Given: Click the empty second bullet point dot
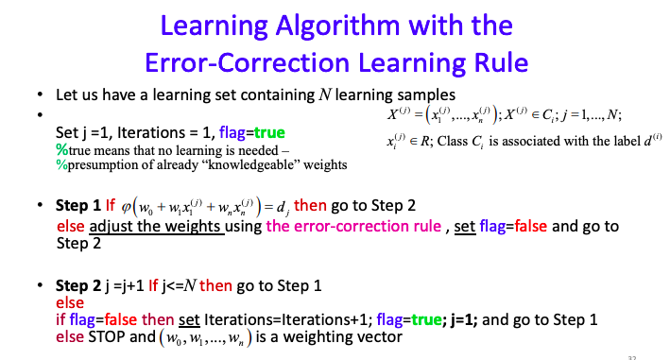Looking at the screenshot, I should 41,113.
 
